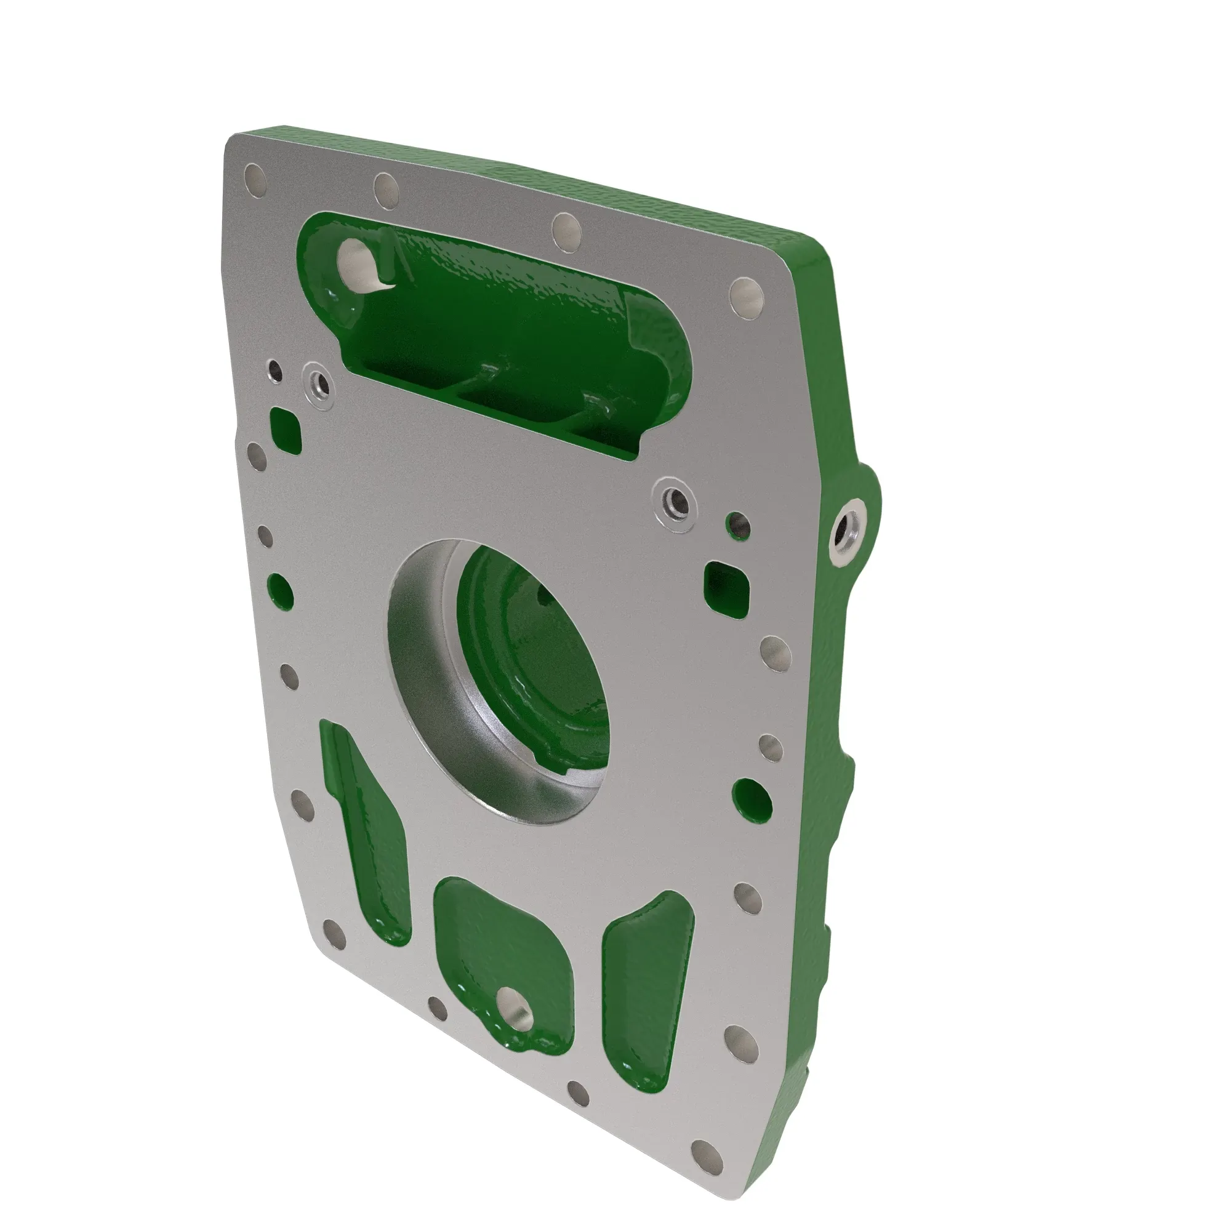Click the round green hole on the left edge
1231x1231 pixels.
pyautogui.click(x=279, y=590)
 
